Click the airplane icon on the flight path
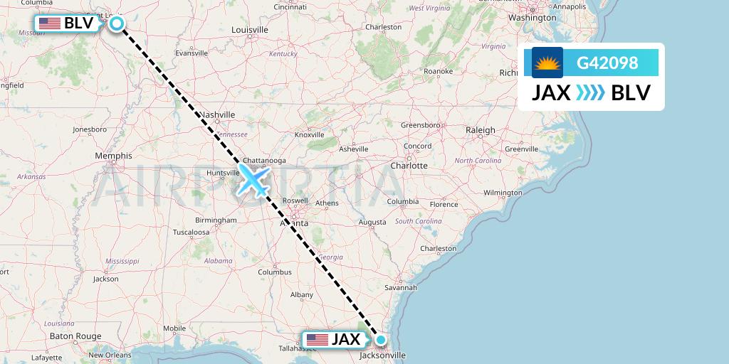tap(253, 180)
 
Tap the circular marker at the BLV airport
tap(117, 23)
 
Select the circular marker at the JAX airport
tap(381, 340)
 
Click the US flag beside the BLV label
tap(49, 23)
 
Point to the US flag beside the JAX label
tap(318, 340)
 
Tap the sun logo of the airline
tap(547, 63)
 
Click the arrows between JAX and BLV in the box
tap(590, 92)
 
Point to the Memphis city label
tap(113, 156)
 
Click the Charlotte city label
tap(409, 165)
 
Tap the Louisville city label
tap(250, 30)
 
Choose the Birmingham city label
tap(216, 220)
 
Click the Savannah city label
tap(399, 287)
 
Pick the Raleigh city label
tap(481, 130)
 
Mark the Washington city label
tap(533, 17)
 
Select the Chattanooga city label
tap(264, 161)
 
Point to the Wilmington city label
tap(503, 193)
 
